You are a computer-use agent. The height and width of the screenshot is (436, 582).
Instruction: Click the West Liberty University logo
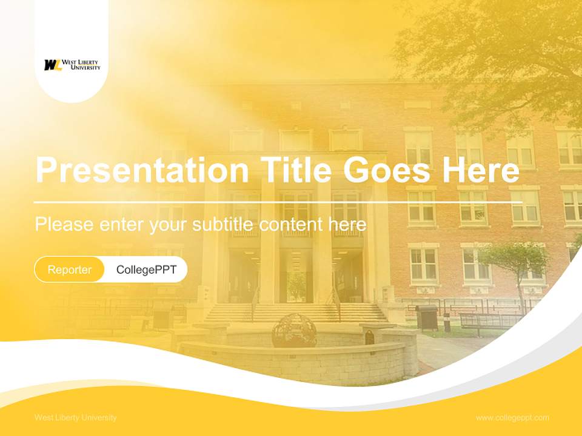(72, 65)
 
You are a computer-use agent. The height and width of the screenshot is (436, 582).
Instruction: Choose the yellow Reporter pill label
(70, 269)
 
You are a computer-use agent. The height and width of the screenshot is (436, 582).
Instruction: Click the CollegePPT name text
(146, 269)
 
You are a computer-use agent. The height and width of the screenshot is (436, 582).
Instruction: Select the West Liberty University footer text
(76, 417)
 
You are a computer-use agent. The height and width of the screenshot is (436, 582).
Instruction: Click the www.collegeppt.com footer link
(512, 417)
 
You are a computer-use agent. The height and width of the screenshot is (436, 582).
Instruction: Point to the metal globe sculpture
(294, 331)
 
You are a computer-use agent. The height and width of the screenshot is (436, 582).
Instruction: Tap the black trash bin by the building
(427, 317)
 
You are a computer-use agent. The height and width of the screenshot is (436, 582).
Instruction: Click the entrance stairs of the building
(295, 312)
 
